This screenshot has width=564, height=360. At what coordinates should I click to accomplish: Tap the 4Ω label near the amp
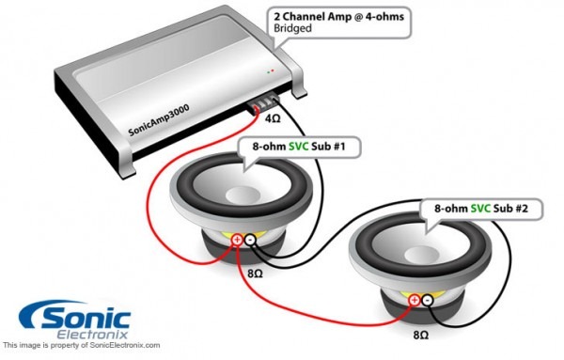point(274,119)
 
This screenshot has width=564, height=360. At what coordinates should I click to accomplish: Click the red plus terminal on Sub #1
point(236,241)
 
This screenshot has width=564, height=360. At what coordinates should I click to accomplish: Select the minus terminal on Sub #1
point(252,242)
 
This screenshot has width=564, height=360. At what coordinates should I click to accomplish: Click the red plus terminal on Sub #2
point(411,300)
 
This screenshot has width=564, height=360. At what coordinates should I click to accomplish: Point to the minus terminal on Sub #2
point(428,301)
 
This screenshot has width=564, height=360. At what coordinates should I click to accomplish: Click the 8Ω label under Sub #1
point(254,273)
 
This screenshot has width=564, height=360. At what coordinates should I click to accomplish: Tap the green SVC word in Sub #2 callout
point(480,206)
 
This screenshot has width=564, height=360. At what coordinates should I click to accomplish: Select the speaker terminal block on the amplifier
point(265,102)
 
